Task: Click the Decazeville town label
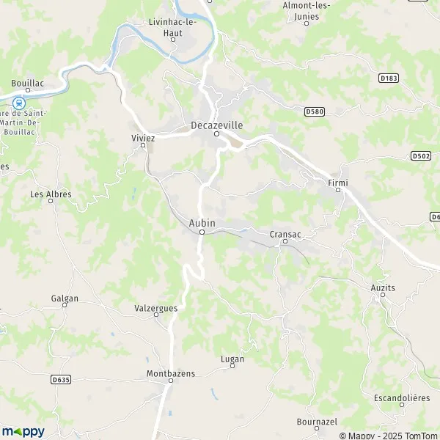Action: [x=216, y=125]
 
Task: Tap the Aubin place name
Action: [x=201, y=222]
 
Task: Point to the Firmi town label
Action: [x=338, y=180]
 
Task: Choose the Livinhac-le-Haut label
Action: [x=173, y=28]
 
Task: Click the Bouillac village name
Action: [x=28, y=84]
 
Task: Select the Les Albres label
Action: [x=51, y=194]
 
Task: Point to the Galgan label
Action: [x=65, y=298]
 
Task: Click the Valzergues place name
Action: [x=156, y=308]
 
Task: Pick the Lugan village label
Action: [x=232, y=359]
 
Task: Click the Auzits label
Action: [x=382, y=288]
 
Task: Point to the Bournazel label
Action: [x=317, y=422]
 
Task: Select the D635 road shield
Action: [x=61, y=379]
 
